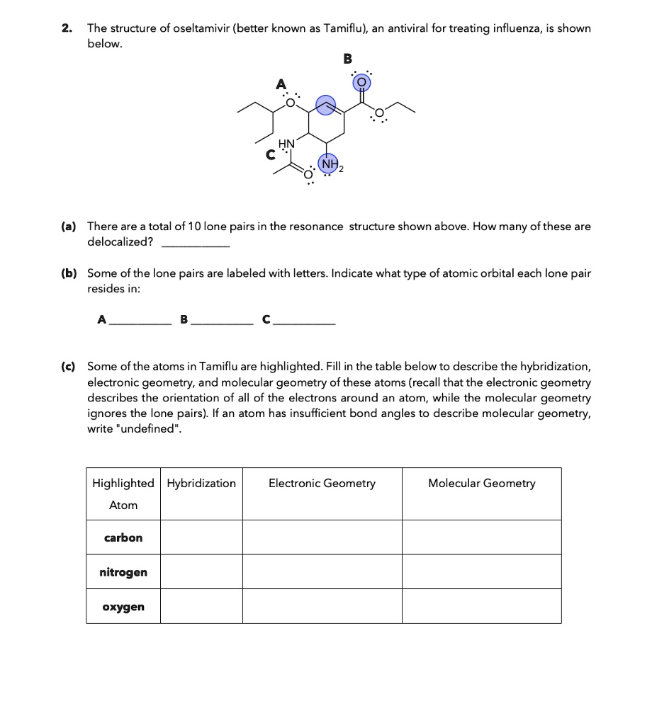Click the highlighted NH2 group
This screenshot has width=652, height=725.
tap(329, 164)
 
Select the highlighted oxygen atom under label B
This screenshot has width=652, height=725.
tap(361, 83)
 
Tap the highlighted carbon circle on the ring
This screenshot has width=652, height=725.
tap(325, 106)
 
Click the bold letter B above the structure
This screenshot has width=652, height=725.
tap(347, 59)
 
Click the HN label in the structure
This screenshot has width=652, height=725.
tap(286, 144)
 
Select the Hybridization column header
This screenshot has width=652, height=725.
tap(201, 484)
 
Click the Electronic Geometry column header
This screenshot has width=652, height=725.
tap(322, 484)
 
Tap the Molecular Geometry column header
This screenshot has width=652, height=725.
tap(481, 484)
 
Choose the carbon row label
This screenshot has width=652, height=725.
tap(123, 537)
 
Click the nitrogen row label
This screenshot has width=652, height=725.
tap(123, 572)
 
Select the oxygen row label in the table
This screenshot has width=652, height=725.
tap(123, 607)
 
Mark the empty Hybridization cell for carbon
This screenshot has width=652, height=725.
tap(201, 537)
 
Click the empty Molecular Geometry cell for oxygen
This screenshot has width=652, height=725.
tap(481, 607)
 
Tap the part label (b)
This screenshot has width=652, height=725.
tap(68, 273)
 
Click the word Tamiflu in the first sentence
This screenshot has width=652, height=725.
tap(343, 29)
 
